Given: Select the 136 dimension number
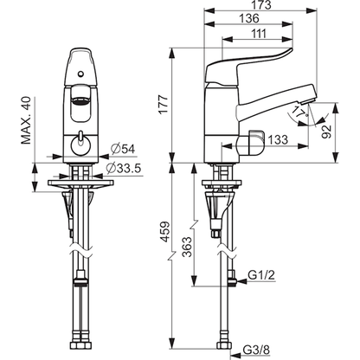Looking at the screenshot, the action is click(x=249, y=19).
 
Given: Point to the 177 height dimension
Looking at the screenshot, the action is click(x=164, y=105).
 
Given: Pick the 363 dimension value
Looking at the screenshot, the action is click(x=187, y=247).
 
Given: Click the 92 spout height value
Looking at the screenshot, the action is click(x=326, y=132).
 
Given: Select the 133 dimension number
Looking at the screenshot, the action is click(x=278, y=139).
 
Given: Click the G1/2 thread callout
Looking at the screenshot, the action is click(x=261, y=275).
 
